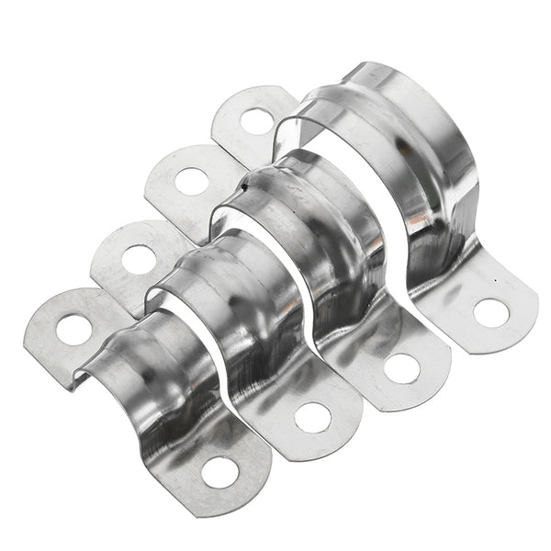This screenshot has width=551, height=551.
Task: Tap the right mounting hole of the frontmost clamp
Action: pos(217,473)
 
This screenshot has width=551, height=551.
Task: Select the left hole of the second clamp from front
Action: pos(136,259)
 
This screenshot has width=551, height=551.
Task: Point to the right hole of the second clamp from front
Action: pos(313,418)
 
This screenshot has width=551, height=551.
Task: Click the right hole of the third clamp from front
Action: pos(401,368)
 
